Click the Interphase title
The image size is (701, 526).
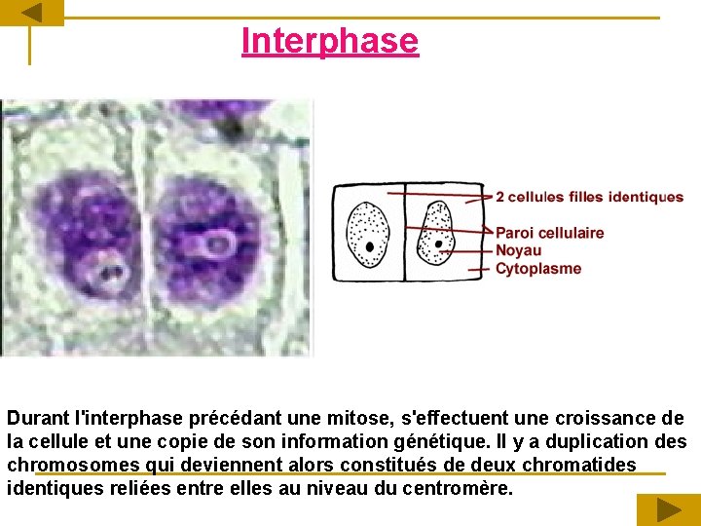pos(329,41)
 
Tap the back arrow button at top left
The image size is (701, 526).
pos(31,13)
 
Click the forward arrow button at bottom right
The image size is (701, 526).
pos(668,509)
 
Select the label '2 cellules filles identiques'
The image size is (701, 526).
pos(589,197)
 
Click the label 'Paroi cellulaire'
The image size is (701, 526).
pos(549,233)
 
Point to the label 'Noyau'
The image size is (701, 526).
pos(518,250)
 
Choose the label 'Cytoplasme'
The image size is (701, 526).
pos(537,269)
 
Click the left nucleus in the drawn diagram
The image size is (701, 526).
pos(368,233)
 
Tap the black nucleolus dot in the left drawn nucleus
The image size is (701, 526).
pos(370,246)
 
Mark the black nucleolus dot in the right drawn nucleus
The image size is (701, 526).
pos(440,244)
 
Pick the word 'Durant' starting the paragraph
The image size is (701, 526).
pos(38,418)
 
